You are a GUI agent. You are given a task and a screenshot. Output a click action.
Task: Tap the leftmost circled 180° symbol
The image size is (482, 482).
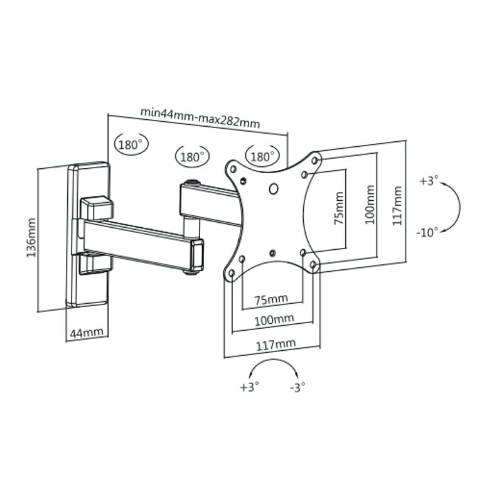point(129,144)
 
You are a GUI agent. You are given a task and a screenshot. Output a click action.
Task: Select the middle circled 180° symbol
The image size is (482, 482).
point(191,156)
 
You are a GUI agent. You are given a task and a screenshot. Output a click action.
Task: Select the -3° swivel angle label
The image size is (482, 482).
point(297,387)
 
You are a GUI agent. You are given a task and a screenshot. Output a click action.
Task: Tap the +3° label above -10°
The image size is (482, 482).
point(429,182)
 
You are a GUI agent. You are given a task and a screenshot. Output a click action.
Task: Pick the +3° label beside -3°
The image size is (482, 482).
point(249,387)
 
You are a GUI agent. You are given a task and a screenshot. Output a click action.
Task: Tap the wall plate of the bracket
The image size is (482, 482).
point(88,235)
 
